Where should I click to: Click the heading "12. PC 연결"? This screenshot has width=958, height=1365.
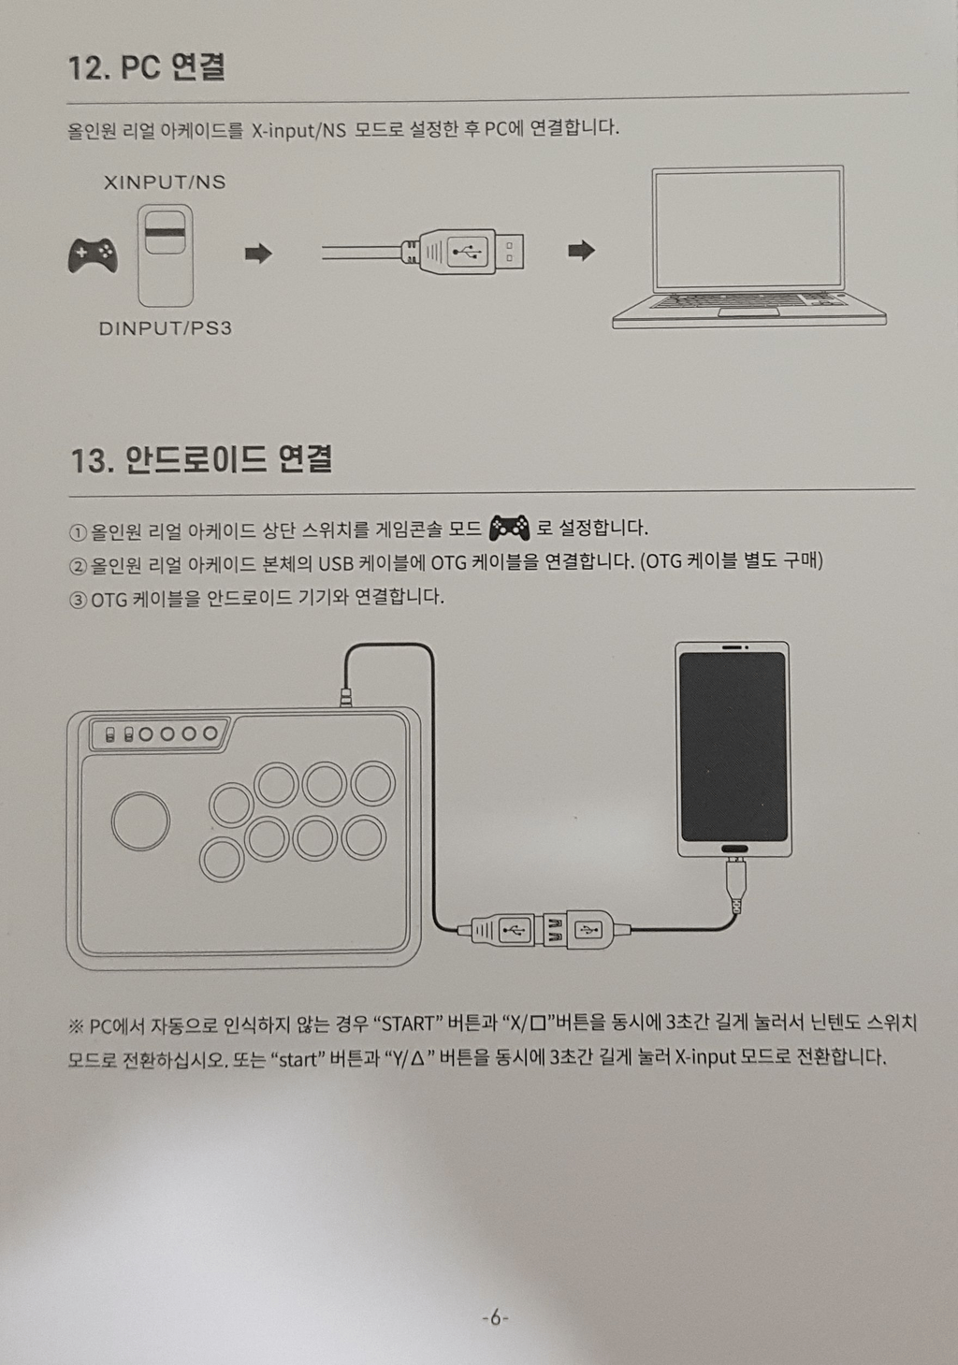(x=146, y=67)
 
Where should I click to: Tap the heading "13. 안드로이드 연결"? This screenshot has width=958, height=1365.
(x=201, y=459)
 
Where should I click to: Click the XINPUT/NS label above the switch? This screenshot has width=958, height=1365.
(x=165, y=182)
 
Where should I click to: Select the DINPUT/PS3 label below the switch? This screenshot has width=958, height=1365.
(x=166, y=328)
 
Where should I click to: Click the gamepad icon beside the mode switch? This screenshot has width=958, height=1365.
(x=93, y=254)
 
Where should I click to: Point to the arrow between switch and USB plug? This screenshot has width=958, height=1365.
(x=258, y=254)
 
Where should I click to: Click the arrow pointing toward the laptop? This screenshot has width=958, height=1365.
(x=581, y=250)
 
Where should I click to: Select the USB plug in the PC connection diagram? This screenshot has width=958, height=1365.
(x=462, y=251)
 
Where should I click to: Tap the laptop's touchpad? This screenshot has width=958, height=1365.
(x=748, y=312)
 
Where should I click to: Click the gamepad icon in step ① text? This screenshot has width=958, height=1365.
(x=510, y=529)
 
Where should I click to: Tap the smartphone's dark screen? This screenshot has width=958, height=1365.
(x=733, y=748)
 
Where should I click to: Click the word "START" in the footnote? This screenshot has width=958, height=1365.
(x=408, y=1024)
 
